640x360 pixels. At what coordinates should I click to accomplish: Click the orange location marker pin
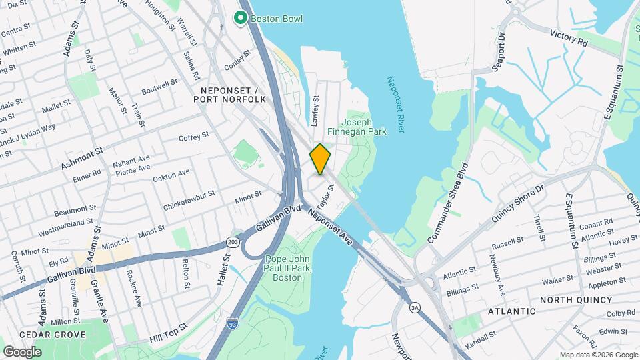[x=320, y=159]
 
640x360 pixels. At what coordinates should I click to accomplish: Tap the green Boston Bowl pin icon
[x=240, y=18]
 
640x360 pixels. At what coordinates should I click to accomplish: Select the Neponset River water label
[x=396, y=104]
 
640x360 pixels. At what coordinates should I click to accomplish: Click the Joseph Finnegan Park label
[x=363, y=127]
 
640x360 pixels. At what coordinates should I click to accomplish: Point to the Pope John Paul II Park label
[x=288, y=268]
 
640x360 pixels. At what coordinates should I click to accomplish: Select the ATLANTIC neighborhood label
[x=511, y=311]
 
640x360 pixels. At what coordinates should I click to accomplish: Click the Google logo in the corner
[x=22, y=351]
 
